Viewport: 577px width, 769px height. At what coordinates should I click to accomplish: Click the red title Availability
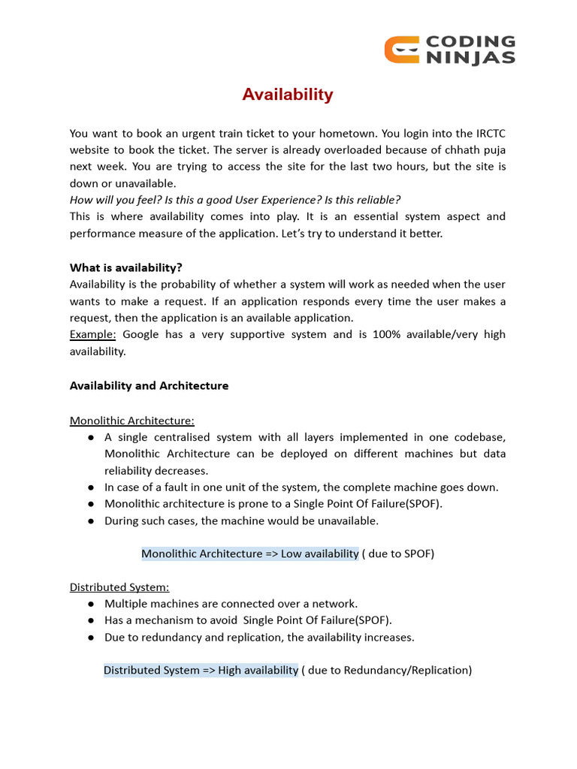(x=287, y=95)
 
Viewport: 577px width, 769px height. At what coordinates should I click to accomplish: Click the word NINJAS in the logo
(x=471, y=58)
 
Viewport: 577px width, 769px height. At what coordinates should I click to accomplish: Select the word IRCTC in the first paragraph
(x=489, y=133)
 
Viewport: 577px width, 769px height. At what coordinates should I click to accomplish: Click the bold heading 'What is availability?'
(x=126, y=267)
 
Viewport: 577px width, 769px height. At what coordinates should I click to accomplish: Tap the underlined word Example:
(x=93, y=334)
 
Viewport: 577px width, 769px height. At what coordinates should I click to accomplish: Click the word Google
(x=140, y=334)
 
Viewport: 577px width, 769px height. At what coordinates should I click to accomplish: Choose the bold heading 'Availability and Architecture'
(x=149, y=385)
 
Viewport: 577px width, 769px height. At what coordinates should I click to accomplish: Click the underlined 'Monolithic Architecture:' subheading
(x=132, y=421)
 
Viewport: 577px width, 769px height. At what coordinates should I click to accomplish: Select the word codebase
(x=477, y=437)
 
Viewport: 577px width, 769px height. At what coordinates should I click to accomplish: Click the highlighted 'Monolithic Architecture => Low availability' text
(x=249, y=553)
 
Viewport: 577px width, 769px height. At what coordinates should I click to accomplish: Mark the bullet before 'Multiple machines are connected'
(x=90, y=604)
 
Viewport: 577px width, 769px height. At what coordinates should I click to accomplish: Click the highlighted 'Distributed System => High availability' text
(x=201, y=670)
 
